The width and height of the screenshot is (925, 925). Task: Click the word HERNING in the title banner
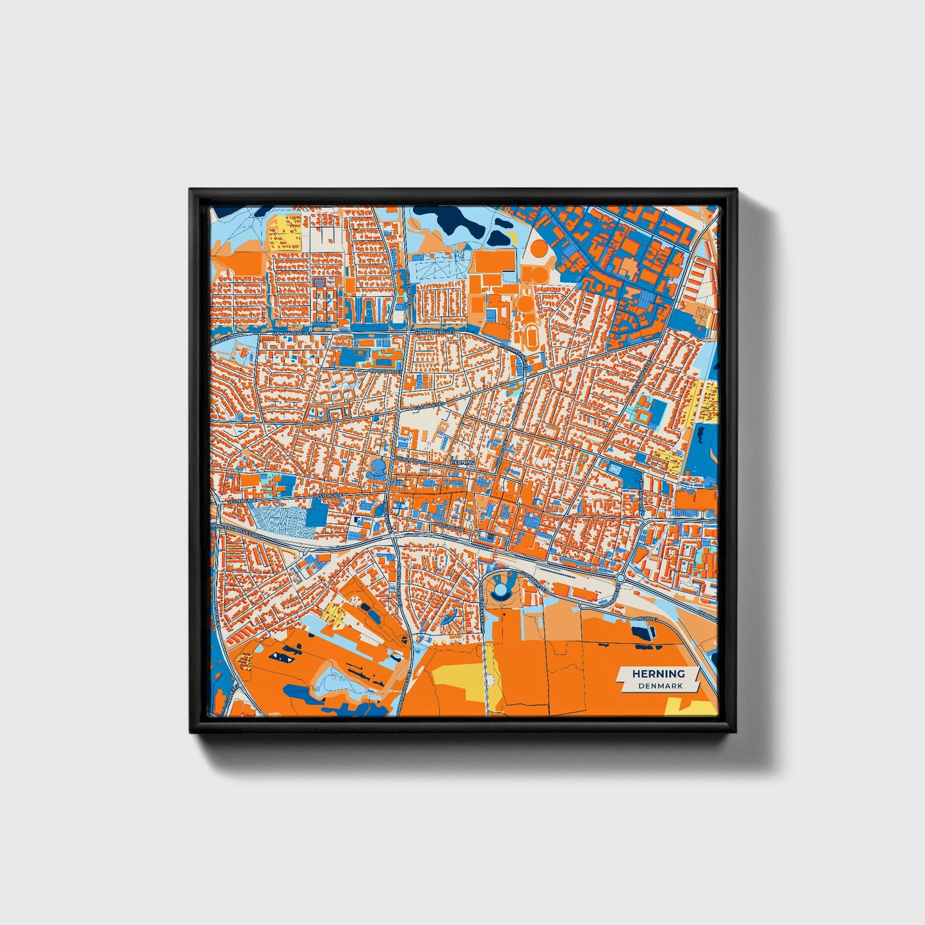point(658,673)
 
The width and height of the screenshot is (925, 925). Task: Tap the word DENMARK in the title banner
point(660,686)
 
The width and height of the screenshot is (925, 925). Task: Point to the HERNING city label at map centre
point(463,462)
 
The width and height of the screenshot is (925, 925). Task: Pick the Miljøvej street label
point(648,619)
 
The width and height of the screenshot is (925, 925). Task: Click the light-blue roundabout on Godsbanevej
point(620,578)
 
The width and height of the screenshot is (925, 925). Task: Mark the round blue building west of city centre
point(379,465)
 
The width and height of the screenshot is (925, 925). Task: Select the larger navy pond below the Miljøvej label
point(643,632)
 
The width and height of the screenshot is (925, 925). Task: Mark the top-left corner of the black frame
point(191,190)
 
